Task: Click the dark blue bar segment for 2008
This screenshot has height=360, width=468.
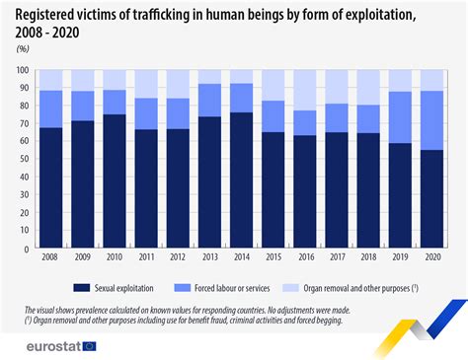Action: coord(49,188)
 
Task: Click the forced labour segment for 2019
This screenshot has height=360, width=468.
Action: coord(400,117)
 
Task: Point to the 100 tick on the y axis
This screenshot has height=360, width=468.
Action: coord(22,71)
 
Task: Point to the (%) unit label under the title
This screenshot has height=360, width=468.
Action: coord(23,47)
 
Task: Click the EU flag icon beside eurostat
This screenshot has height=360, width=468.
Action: coord(91,346)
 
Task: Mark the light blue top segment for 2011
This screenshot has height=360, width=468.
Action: coord(145,84)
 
